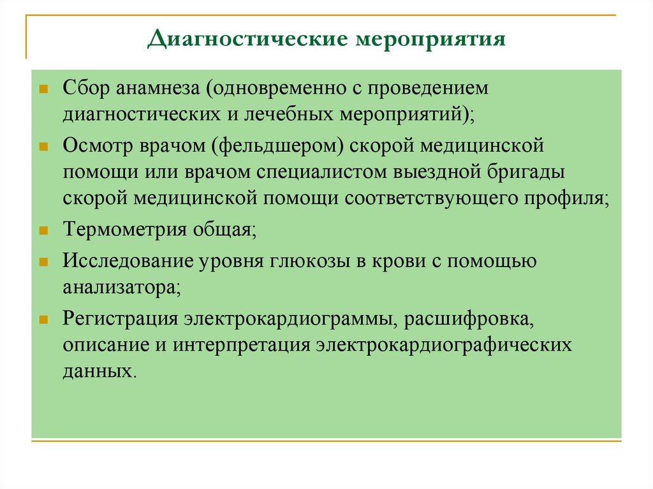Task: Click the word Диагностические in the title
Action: coord(245,40)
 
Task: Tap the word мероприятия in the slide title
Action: coord(427,40)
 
